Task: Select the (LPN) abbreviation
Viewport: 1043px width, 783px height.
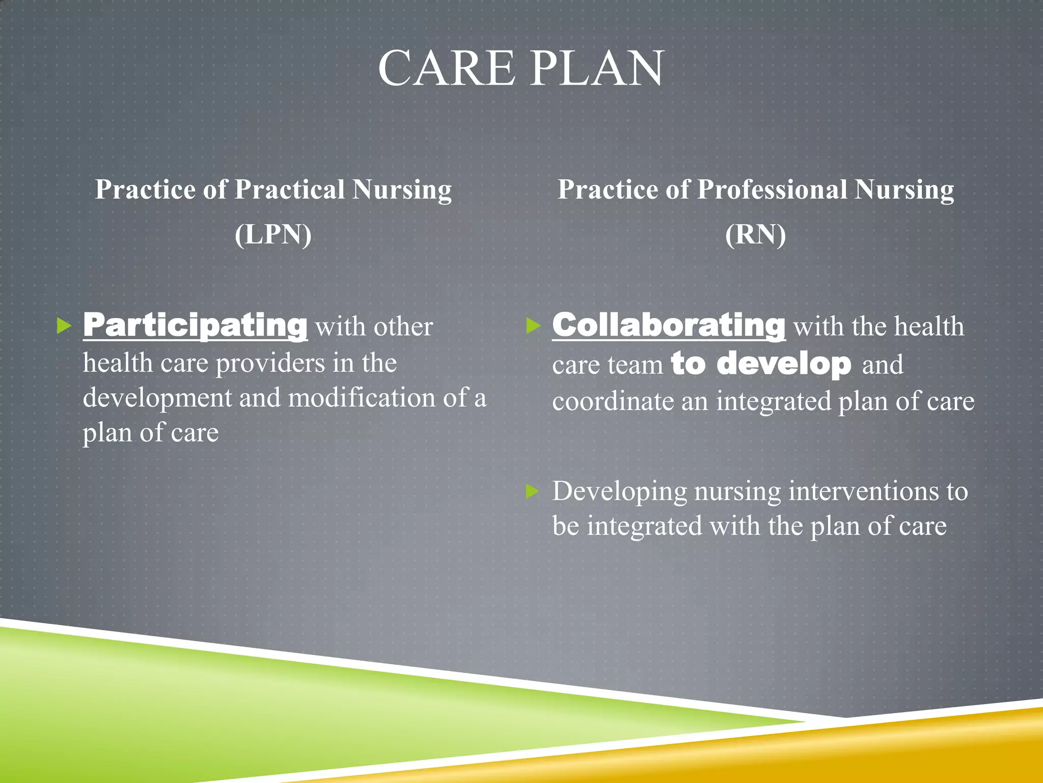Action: [x=273, y=234]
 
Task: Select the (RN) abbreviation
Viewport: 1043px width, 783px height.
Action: [x=755, y=234]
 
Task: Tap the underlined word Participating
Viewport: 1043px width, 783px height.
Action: [x=195, y=325]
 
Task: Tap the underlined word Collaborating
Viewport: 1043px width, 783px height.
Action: [x=669, y=325]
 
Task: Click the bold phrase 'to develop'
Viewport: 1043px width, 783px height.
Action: [x=761, y=363]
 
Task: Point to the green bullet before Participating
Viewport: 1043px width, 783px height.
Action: [x=64, y=325]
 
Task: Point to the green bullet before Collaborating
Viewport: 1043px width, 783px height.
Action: [x=533, y=325]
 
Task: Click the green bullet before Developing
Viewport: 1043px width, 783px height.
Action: [x=533, y=491]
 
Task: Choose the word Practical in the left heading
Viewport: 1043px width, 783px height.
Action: [x=289, y=190]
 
